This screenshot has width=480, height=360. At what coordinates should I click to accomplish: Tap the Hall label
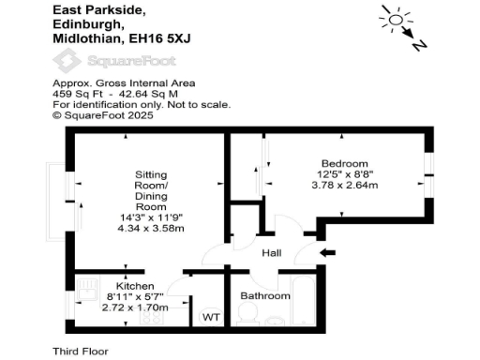272,253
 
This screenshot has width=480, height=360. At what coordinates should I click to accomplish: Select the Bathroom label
265,296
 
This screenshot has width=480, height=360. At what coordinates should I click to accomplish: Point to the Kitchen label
134,285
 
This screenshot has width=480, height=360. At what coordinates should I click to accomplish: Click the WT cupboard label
212,318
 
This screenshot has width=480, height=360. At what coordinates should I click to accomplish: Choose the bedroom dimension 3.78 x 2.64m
345,185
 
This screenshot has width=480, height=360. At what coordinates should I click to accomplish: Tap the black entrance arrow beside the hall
327,252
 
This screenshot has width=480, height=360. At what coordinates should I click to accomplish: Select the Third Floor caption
81,351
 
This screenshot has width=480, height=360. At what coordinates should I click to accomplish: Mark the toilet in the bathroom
247,318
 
